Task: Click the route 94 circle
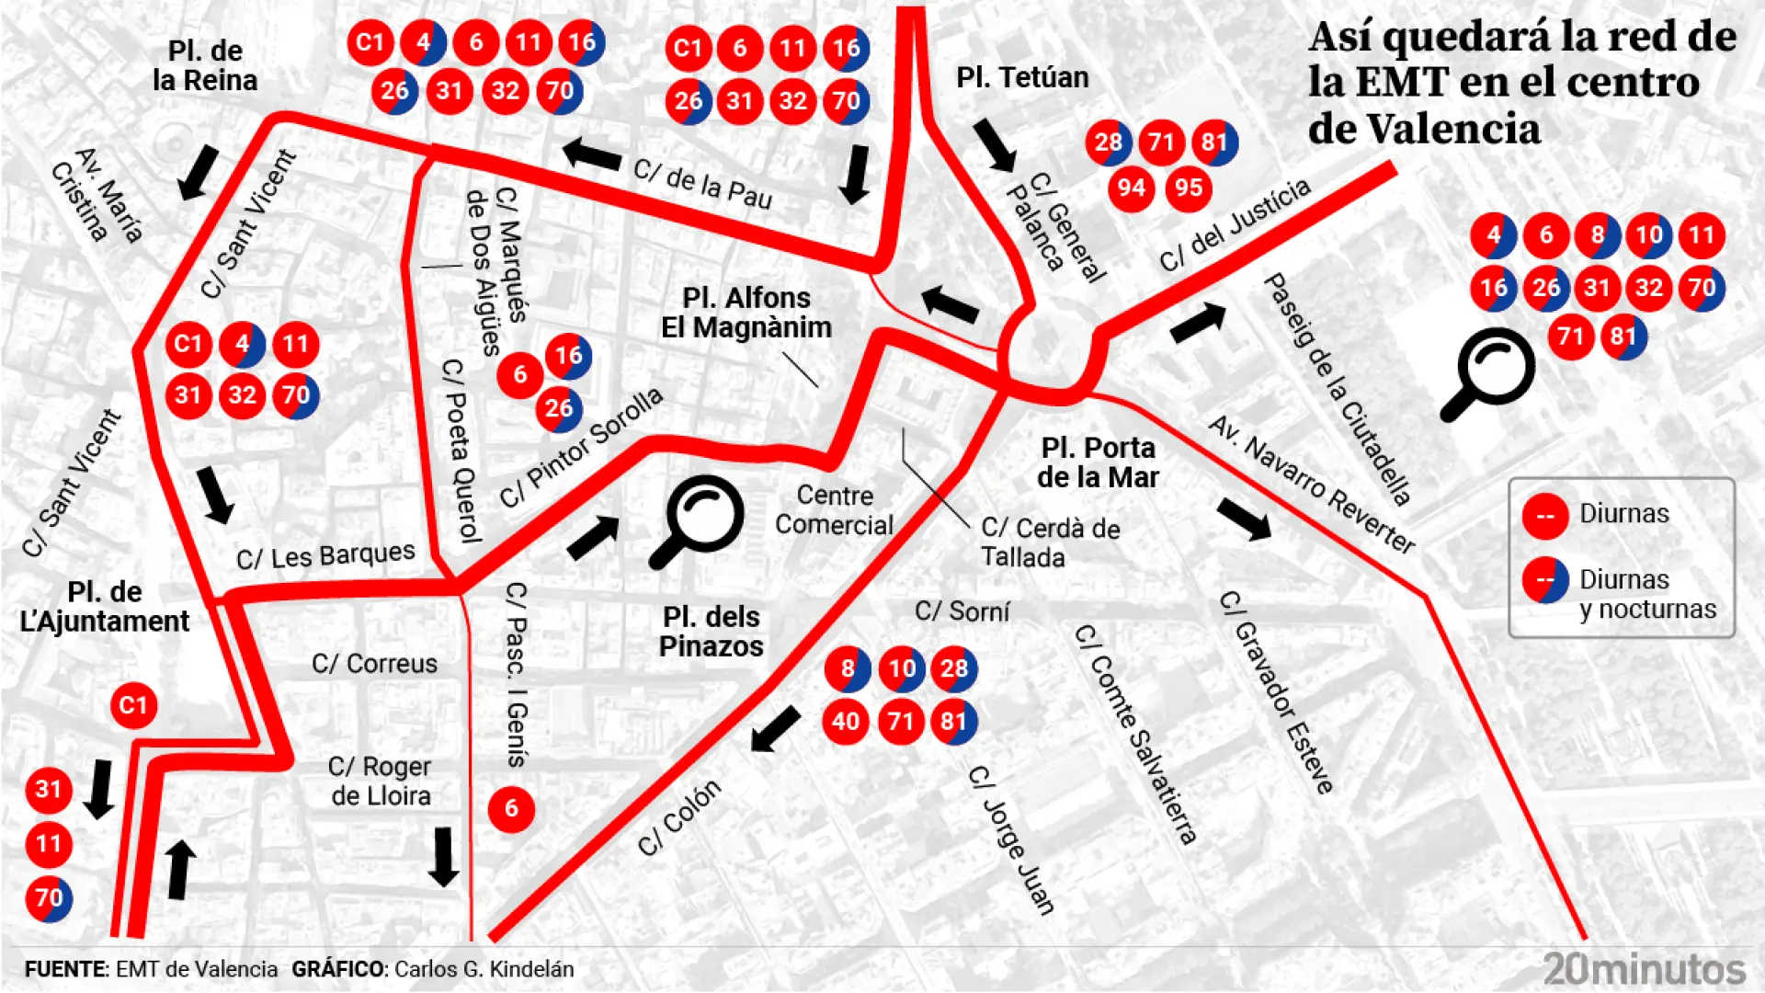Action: pos(1131,188)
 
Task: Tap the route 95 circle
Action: pos(1188,188)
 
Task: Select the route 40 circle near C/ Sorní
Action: pos(846,721)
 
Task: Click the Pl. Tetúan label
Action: pos(1022,77)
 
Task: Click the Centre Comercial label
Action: pos(834,509)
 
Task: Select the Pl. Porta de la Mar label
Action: pos(1098,462)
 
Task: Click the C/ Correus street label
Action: pos(374,663)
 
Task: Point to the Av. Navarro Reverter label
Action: pos(1312,484)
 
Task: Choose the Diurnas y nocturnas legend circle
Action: pos(1545,580)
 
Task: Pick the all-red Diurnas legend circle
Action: pos(1545,515)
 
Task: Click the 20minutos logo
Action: pos(1644,968)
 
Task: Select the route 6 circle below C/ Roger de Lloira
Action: pos(511,809)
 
